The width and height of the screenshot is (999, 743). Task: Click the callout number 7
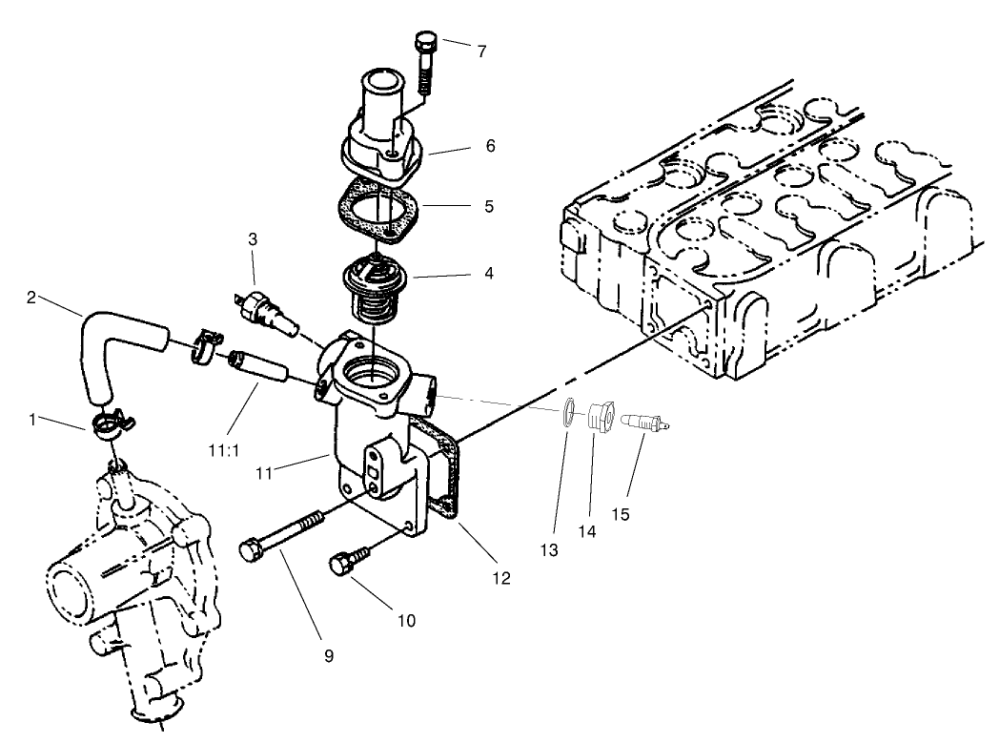click(481, 52)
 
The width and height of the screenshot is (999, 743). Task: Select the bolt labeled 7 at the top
click(426, 59)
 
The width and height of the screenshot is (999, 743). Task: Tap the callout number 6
click(490, 146)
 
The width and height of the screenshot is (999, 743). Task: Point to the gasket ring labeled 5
click(377, 211)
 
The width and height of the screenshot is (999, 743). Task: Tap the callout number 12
click(500, 577)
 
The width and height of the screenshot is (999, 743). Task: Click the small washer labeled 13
click(567, 409)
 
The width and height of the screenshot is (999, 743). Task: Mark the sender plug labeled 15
click(644, 421)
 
